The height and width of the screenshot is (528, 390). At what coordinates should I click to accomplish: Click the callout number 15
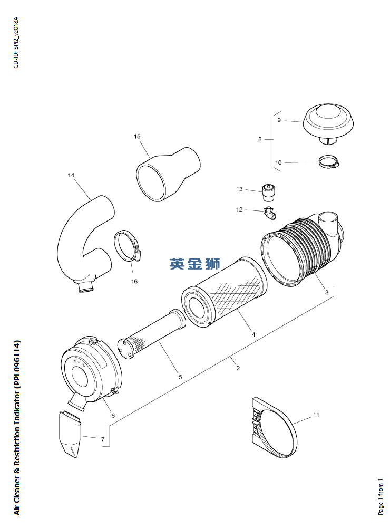tap(137, 137)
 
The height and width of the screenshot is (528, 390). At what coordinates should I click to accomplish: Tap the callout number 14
tap(71, 175)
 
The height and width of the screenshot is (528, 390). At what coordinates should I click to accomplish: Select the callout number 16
tap(134, 281)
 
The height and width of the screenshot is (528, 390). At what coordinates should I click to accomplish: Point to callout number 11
tap(316, 415)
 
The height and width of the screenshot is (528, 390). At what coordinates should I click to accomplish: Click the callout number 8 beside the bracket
tap(260, 139)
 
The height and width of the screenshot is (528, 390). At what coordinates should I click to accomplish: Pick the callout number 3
tap(326, 292)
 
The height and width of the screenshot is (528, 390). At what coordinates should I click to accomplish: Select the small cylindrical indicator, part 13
tap(269, 193)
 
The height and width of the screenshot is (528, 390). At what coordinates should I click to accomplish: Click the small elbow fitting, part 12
tap(269, 213)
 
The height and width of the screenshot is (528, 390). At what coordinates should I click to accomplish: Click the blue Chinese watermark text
tap(195, 264)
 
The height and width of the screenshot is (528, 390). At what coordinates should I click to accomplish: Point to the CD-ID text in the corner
tap(16, 42)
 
